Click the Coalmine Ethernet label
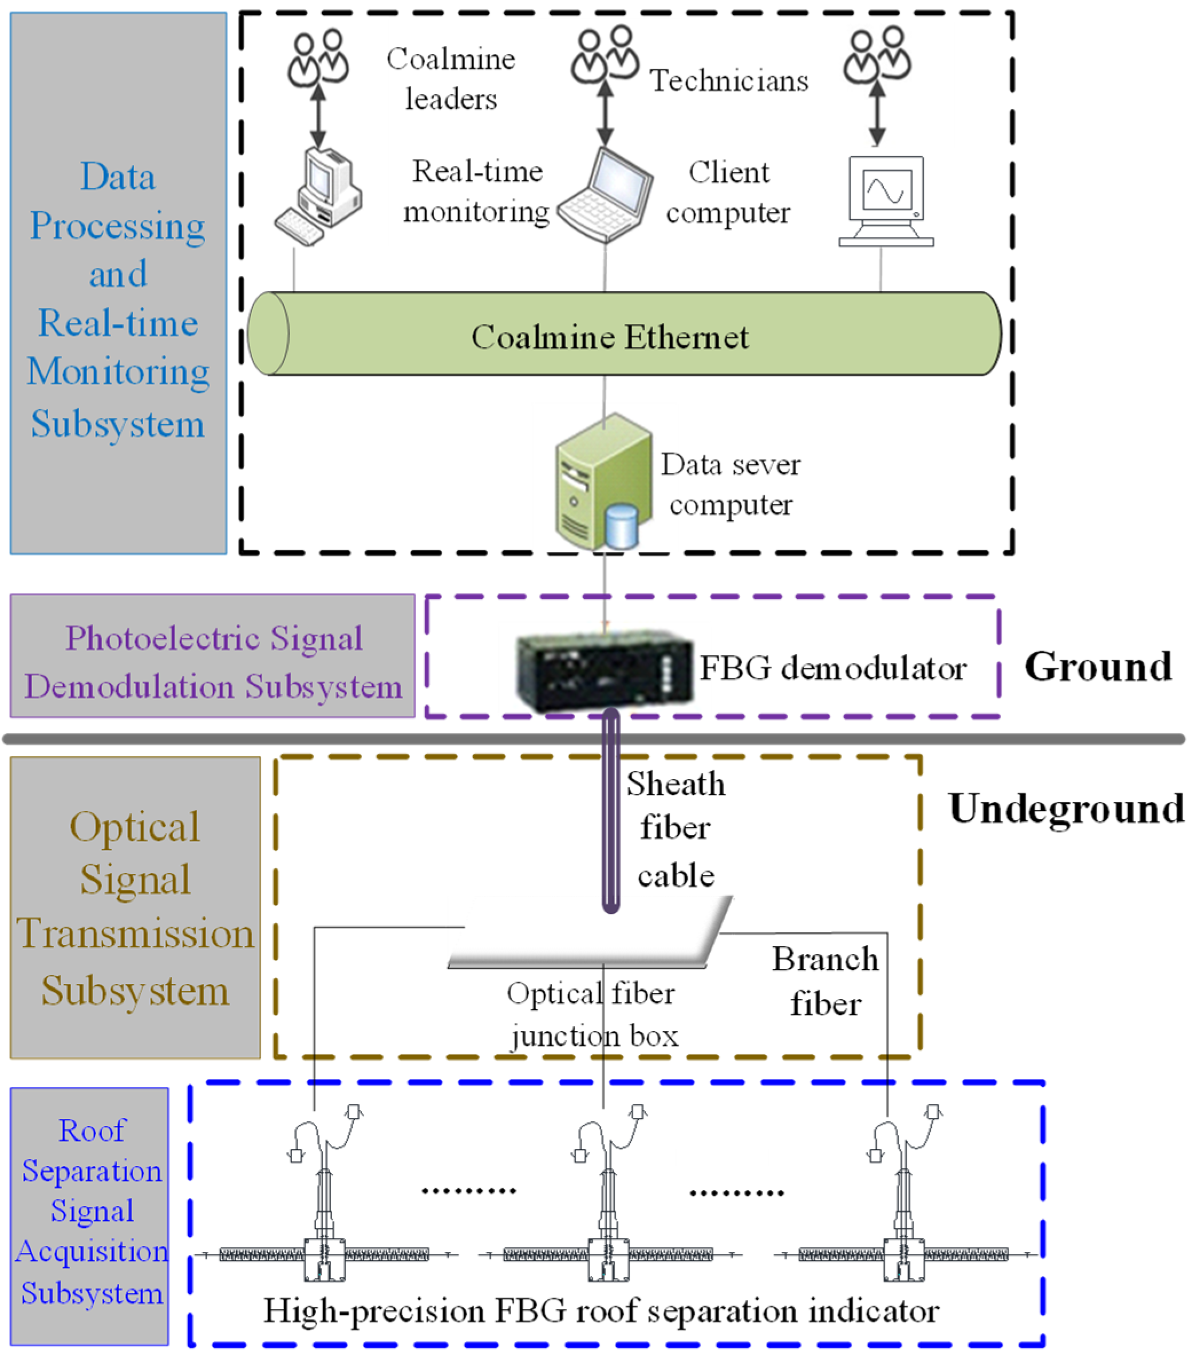[x=610, y=337]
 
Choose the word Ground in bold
[x=1097, y=666]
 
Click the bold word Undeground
[x=1066, y=809]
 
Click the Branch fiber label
[x=825, y=981]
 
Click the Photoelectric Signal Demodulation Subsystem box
[x=213, y=656]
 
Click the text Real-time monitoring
[x=477, y=192]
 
